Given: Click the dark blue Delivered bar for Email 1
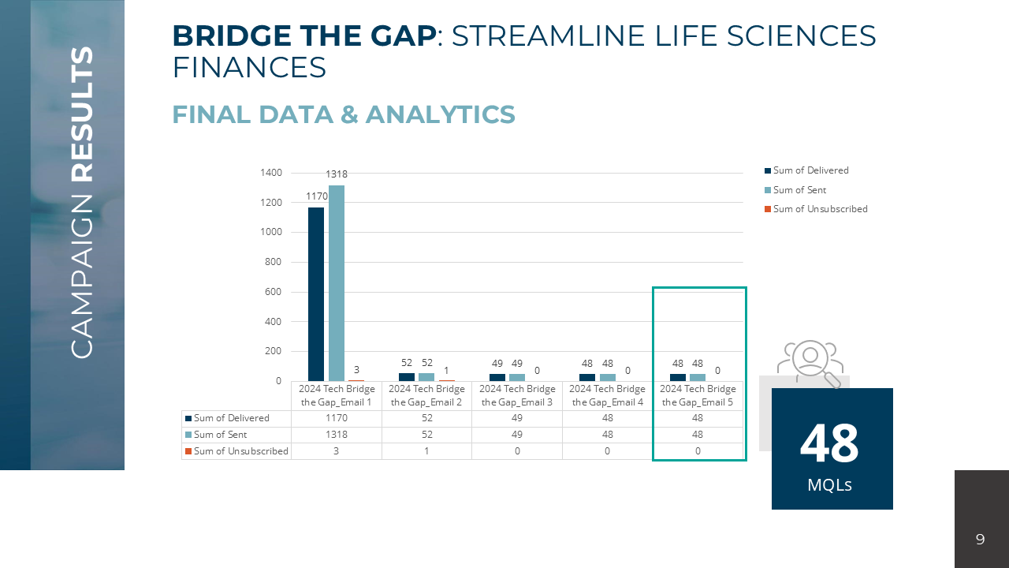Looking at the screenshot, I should click(x=315, y=293).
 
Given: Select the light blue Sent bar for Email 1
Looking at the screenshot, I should click(x=337, y=283).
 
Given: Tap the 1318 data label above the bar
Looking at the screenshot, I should click(x=337, y=174).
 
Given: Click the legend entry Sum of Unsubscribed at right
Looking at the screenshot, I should click(x=820, y=209).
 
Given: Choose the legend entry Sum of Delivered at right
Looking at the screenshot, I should click(x=810, y=170).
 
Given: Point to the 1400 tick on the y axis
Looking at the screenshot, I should click(x=270, y=173).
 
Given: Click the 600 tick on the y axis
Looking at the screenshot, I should click(x=273, y=292).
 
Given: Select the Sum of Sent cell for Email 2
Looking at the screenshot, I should click(x=426, y=435).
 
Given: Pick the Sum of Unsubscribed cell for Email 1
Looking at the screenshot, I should click(x=337, y=451).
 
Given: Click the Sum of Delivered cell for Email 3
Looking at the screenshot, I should click(x=517, y=418).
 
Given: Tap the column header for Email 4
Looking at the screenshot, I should click(x=607, y=395).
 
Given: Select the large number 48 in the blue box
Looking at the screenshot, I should click(x=829, y=443).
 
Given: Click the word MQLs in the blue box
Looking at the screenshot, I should click(x=829, y=484).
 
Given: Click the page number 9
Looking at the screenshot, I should click(x=980, y=540).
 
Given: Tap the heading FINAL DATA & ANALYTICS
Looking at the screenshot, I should click(x=343, y=115).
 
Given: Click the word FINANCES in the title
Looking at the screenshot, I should click(x=249, y=68).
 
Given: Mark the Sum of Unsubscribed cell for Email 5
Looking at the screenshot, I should click(x=698, y=451).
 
